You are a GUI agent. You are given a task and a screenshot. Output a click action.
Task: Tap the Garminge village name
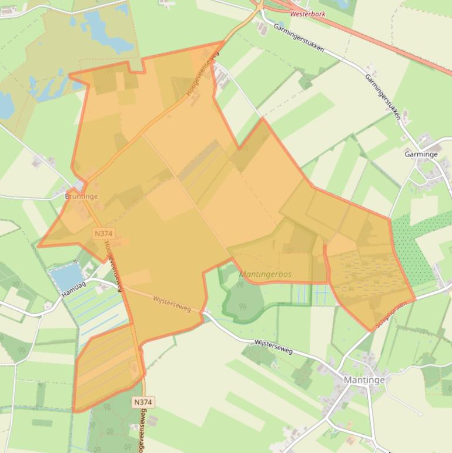[x=421, y=154]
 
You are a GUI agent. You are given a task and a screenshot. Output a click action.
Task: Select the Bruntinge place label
[x=81, y=196]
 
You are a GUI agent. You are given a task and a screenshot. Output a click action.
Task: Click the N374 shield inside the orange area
[x=103, y=234]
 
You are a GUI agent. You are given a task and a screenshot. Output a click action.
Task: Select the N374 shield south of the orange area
[x=143, y=402]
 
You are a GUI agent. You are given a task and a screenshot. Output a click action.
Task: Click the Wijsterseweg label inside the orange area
[x=172, y=303]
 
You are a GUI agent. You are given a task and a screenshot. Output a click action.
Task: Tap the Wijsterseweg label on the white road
[x=273, y=346]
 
